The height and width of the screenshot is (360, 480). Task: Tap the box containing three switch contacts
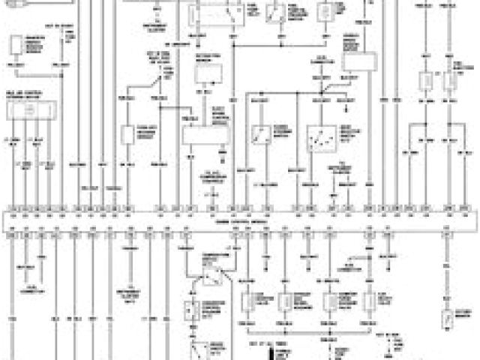click(x=323, y=139)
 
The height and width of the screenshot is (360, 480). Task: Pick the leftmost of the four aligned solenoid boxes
click(x=248, y=300)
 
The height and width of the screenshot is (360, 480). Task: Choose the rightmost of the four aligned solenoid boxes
click(x=370, y=300)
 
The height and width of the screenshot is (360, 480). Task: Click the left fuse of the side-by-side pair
click(x=427, y=81)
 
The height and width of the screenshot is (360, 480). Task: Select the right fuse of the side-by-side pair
click(x=453, y=81)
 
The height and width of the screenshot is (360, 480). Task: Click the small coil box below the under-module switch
click(x=193, y=311)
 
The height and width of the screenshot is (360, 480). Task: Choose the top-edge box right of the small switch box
click(x=326, y=12)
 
